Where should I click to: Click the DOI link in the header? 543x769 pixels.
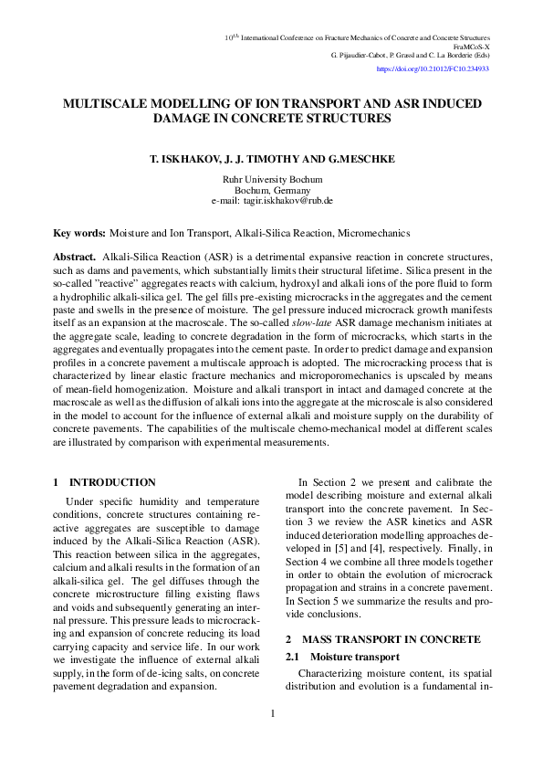pyautogui.click(x=433, y=68)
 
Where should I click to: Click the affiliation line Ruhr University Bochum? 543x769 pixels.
pyautogui.click(x=272, y=180)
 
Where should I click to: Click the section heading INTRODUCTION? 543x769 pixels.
pyautogui.click(x=112, y=482)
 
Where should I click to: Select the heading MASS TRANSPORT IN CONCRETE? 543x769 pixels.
pyautogui.click(x=392, y=638)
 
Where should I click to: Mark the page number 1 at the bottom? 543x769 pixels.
pyautogui.click(x=273, y=713)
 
